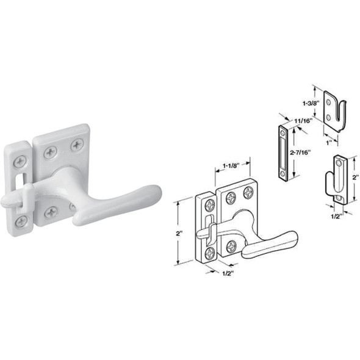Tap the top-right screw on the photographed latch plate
click(77, 145)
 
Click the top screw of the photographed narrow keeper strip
click(20, 160)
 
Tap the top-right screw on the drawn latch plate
click(248, 193)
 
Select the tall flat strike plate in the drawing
click(283, 154)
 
